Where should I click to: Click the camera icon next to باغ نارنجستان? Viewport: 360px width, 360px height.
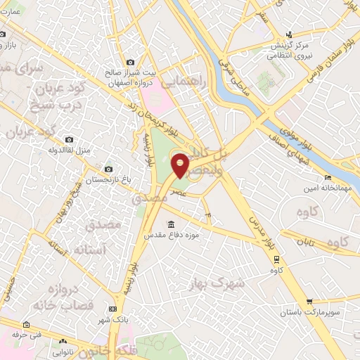108,169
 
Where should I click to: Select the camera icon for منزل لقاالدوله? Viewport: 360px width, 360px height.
69,140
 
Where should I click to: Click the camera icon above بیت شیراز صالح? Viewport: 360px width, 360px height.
129,62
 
